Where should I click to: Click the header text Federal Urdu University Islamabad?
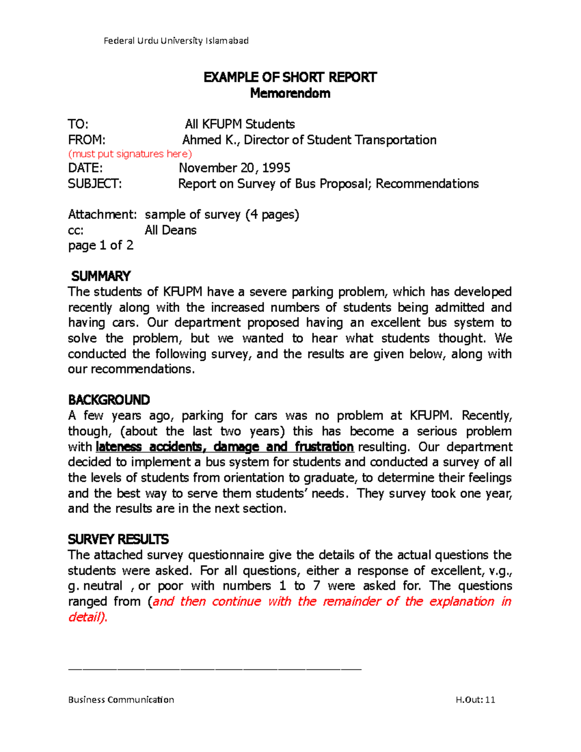(176, 41)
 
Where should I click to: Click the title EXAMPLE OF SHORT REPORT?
(290, 77)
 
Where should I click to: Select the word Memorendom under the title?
(290, 93)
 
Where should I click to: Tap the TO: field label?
(78, 124)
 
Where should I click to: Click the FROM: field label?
(87, 140)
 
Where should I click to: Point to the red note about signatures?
(130, 154)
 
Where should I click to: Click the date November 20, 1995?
(234, 168)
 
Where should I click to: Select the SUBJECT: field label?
(95, 184)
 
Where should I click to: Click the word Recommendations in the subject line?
(427, 184)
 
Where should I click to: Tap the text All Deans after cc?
(170, 230)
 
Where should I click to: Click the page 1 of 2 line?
(101, 246)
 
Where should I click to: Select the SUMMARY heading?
(101, 276)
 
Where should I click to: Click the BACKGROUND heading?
(109, 400)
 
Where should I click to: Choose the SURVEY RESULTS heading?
(118, 539)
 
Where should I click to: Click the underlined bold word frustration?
(324, 446)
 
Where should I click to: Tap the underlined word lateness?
(119, 446)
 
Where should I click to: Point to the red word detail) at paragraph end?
(87, 617)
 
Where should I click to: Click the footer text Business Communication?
(121, 700)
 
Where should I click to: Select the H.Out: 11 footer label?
(475, 700)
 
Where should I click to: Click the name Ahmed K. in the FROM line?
(209, 140)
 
